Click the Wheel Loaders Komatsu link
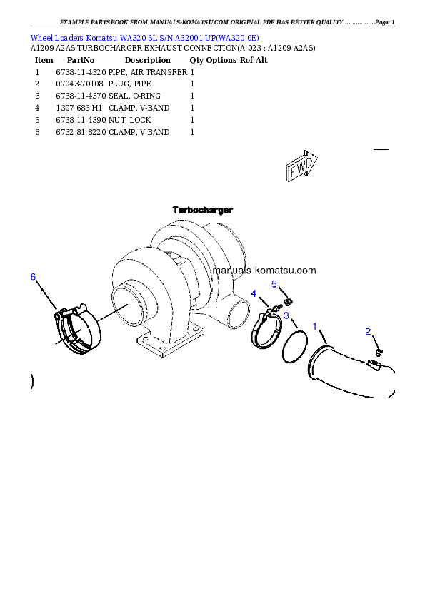[x=74, y=38]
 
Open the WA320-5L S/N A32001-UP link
[x=189, y=38]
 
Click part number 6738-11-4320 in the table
[x=81, y=72]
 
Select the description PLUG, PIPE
[x=130, y=84]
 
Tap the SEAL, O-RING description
[x=134, y=96]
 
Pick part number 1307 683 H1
[x=79, y=108]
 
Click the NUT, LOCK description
[x=130, y=120]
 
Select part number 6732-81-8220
[x=81, y=132]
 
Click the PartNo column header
[x=81, y=60]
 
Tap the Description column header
[x=148, y=60]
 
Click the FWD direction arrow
[x=301, y=166]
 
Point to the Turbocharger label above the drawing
[x=203, y=210]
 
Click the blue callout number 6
[x=33, y=277]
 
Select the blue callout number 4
[x=254, y=293]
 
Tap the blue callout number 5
[x=274, y=284]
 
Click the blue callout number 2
[x=368, y=331]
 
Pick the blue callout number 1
[x=315, y=326]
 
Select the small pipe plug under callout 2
[x=379, y=352]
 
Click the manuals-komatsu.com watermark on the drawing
[x=264, y=271]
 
